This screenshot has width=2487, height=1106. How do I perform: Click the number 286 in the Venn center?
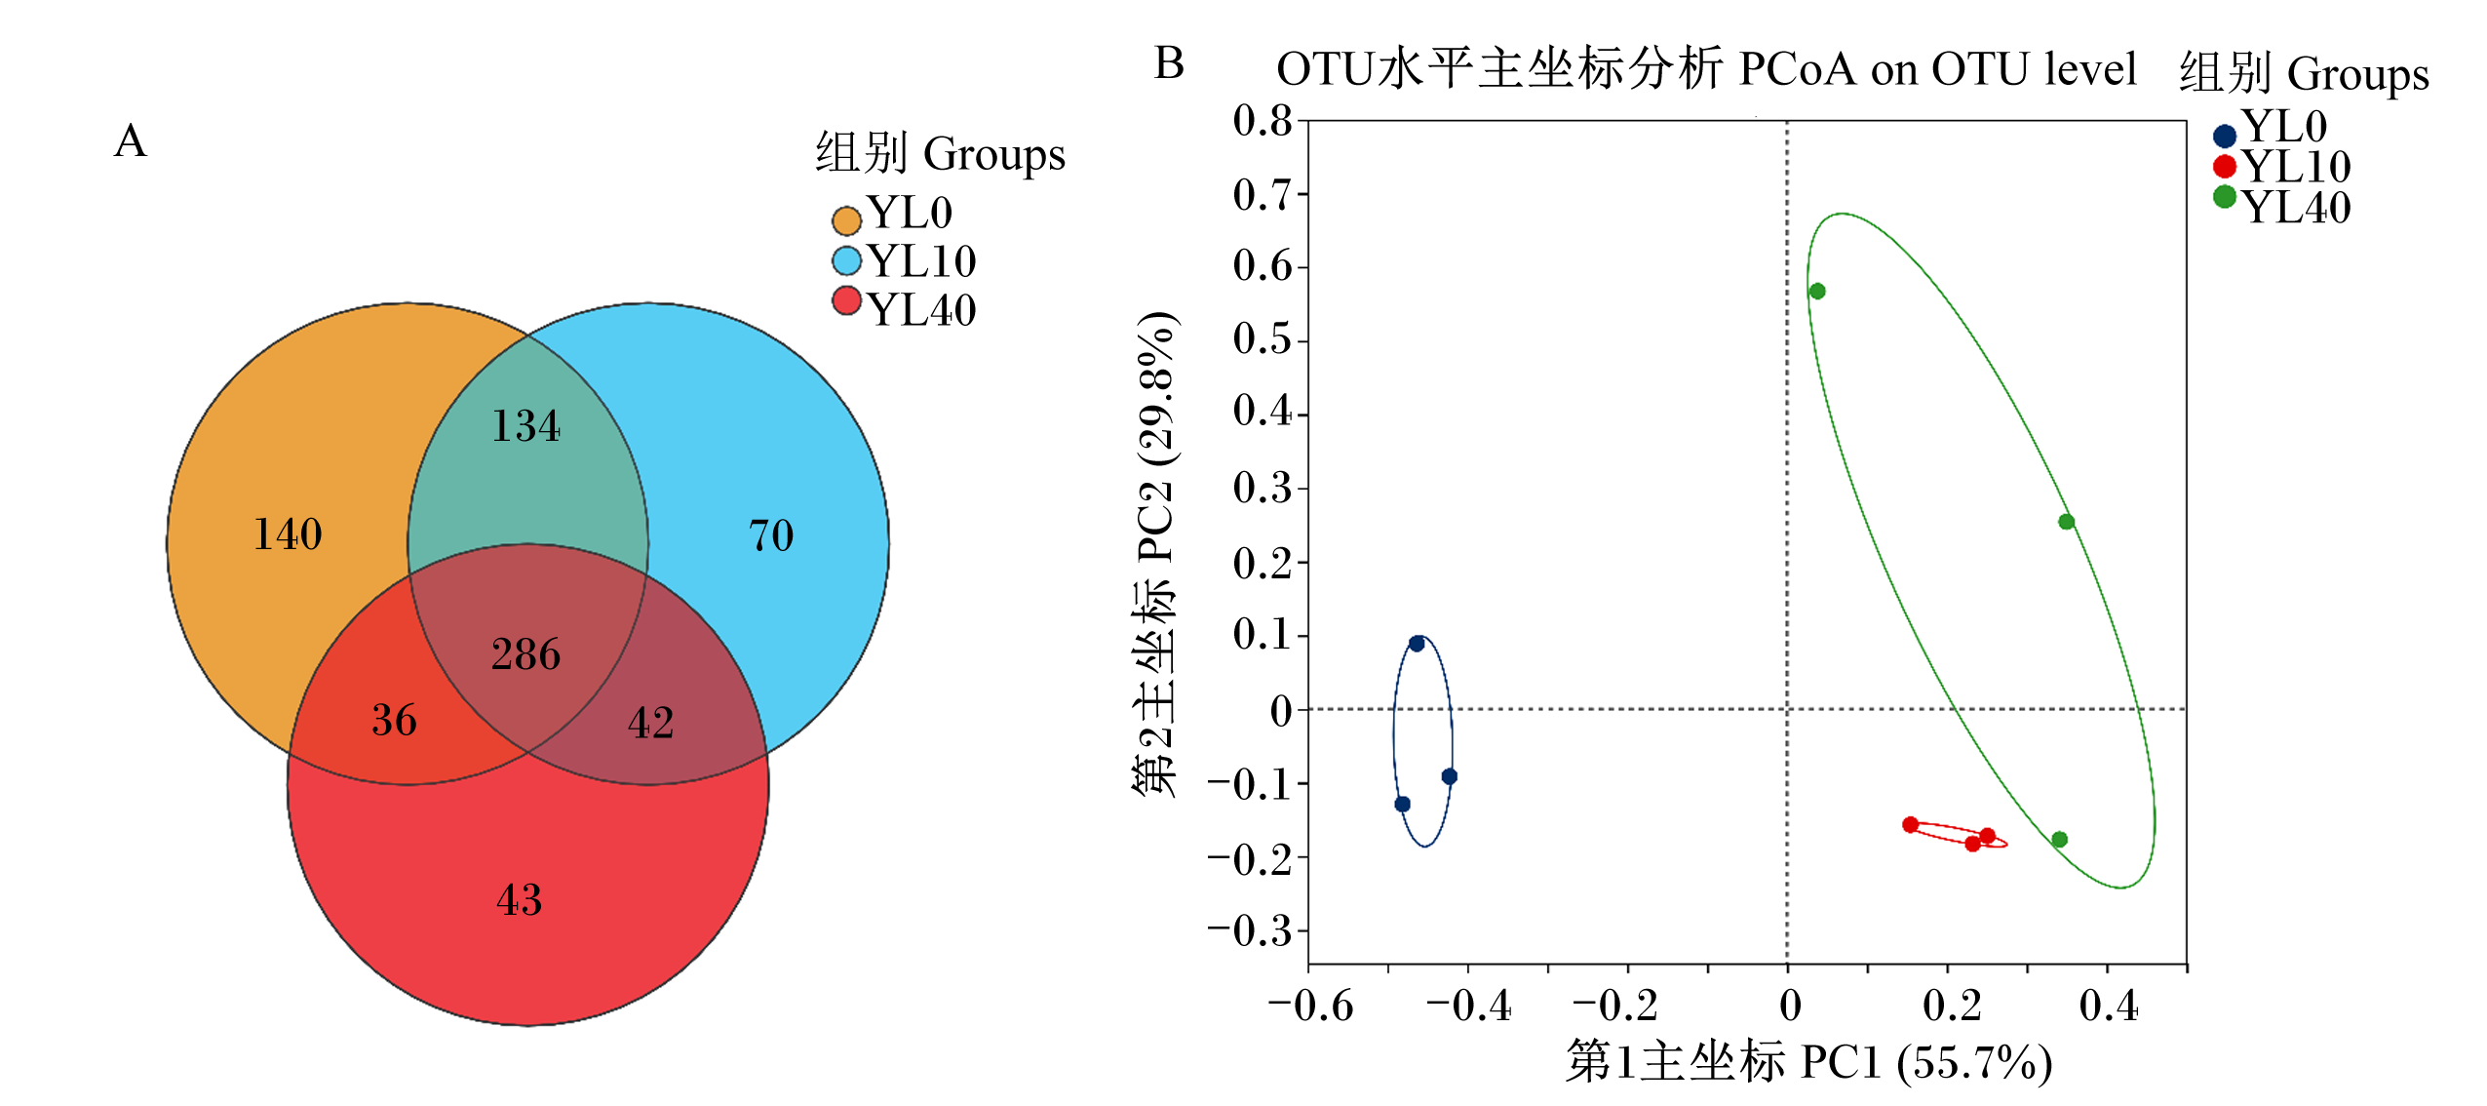pyautogui.click(x=525, y=654)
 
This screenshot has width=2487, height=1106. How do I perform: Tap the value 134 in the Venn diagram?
pyautogui.click(x=525, y=426)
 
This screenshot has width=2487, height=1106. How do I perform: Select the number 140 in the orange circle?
pyautogui.click(x=288, y=534)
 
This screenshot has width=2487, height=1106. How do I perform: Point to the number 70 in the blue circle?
pyautogui.click(x=771, y=535)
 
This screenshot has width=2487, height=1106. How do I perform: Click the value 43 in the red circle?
pyautogui.click(x=519, y=899)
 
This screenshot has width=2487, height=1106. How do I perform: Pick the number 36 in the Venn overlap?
pyautogui.click(x=394, y=721)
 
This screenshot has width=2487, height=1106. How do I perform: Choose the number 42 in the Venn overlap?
pyautogui.click(x=650, y=723)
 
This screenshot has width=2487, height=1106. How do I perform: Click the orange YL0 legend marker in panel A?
pyautogui.click(x=846, y=220)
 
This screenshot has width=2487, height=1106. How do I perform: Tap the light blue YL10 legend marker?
pyautogui.click(x=846, y=260)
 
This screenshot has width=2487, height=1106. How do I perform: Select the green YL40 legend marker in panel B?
pyautogui.click(x=2224, y=197)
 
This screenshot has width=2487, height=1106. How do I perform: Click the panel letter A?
pyautogui.click(x=131, y=141)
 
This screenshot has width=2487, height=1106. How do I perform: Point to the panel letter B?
pyautogui.click(x=1169, y=63)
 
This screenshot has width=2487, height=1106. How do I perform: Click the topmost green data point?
pyautogui.click(x=1817, y=292)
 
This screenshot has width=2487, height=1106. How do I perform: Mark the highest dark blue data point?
pyautogui.click(x=1417, y=644)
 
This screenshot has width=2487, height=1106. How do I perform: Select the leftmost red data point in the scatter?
pyautogui.click(x=1910, y=825)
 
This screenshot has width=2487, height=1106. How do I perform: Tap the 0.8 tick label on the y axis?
pyautogui.click(x=1263, y=121)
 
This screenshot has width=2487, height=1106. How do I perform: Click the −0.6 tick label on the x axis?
pyautogui.click(x=1310, y=1006)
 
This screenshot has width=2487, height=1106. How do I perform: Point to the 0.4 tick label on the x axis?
pyautogui.click(x=2108, y=1006)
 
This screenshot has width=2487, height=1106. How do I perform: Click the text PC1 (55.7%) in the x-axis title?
pyautogui.click(x=1925, y=1062)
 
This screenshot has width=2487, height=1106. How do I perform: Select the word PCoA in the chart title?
pyautogui.click(x=1798, y=69)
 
